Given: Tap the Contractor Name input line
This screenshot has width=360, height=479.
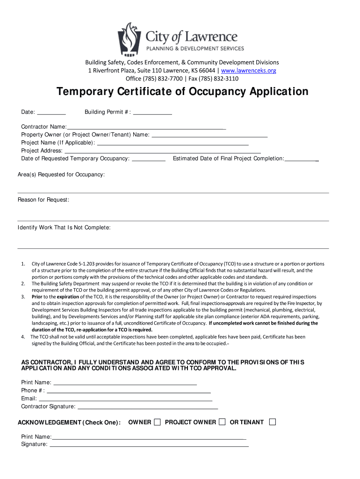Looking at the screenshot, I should coord(146,127).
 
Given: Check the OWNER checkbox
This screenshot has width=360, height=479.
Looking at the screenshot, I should coord(157,422).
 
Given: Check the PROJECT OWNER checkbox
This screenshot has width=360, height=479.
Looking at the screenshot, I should coord(222,422).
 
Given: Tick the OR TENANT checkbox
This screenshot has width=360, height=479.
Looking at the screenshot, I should coord(273,422).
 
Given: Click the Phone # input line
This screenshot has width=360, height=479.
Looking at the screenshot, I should coord(129,391).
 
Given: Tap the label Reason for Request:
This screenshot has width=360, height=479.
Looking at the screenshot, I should coord(43,200).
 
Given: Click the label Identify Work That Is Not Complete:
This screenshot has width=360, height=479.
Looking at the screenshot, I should coord(64,228).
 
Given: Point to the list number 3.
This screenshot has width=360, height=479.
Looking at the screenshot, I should coord(23,297).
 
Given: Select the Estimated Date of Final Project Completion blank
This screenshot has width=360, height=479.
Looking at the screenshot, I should coord(302,160).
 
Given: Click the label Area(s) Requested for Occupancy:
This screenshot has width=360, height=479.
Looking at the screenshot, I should coord(61,175).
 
